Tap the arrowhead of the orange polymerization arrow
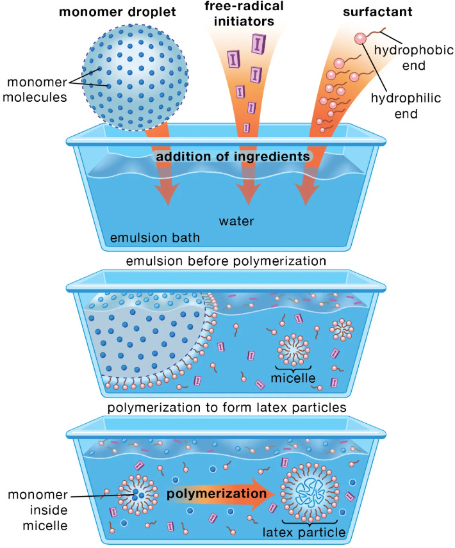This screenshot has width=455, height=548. tap(269, 494)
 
